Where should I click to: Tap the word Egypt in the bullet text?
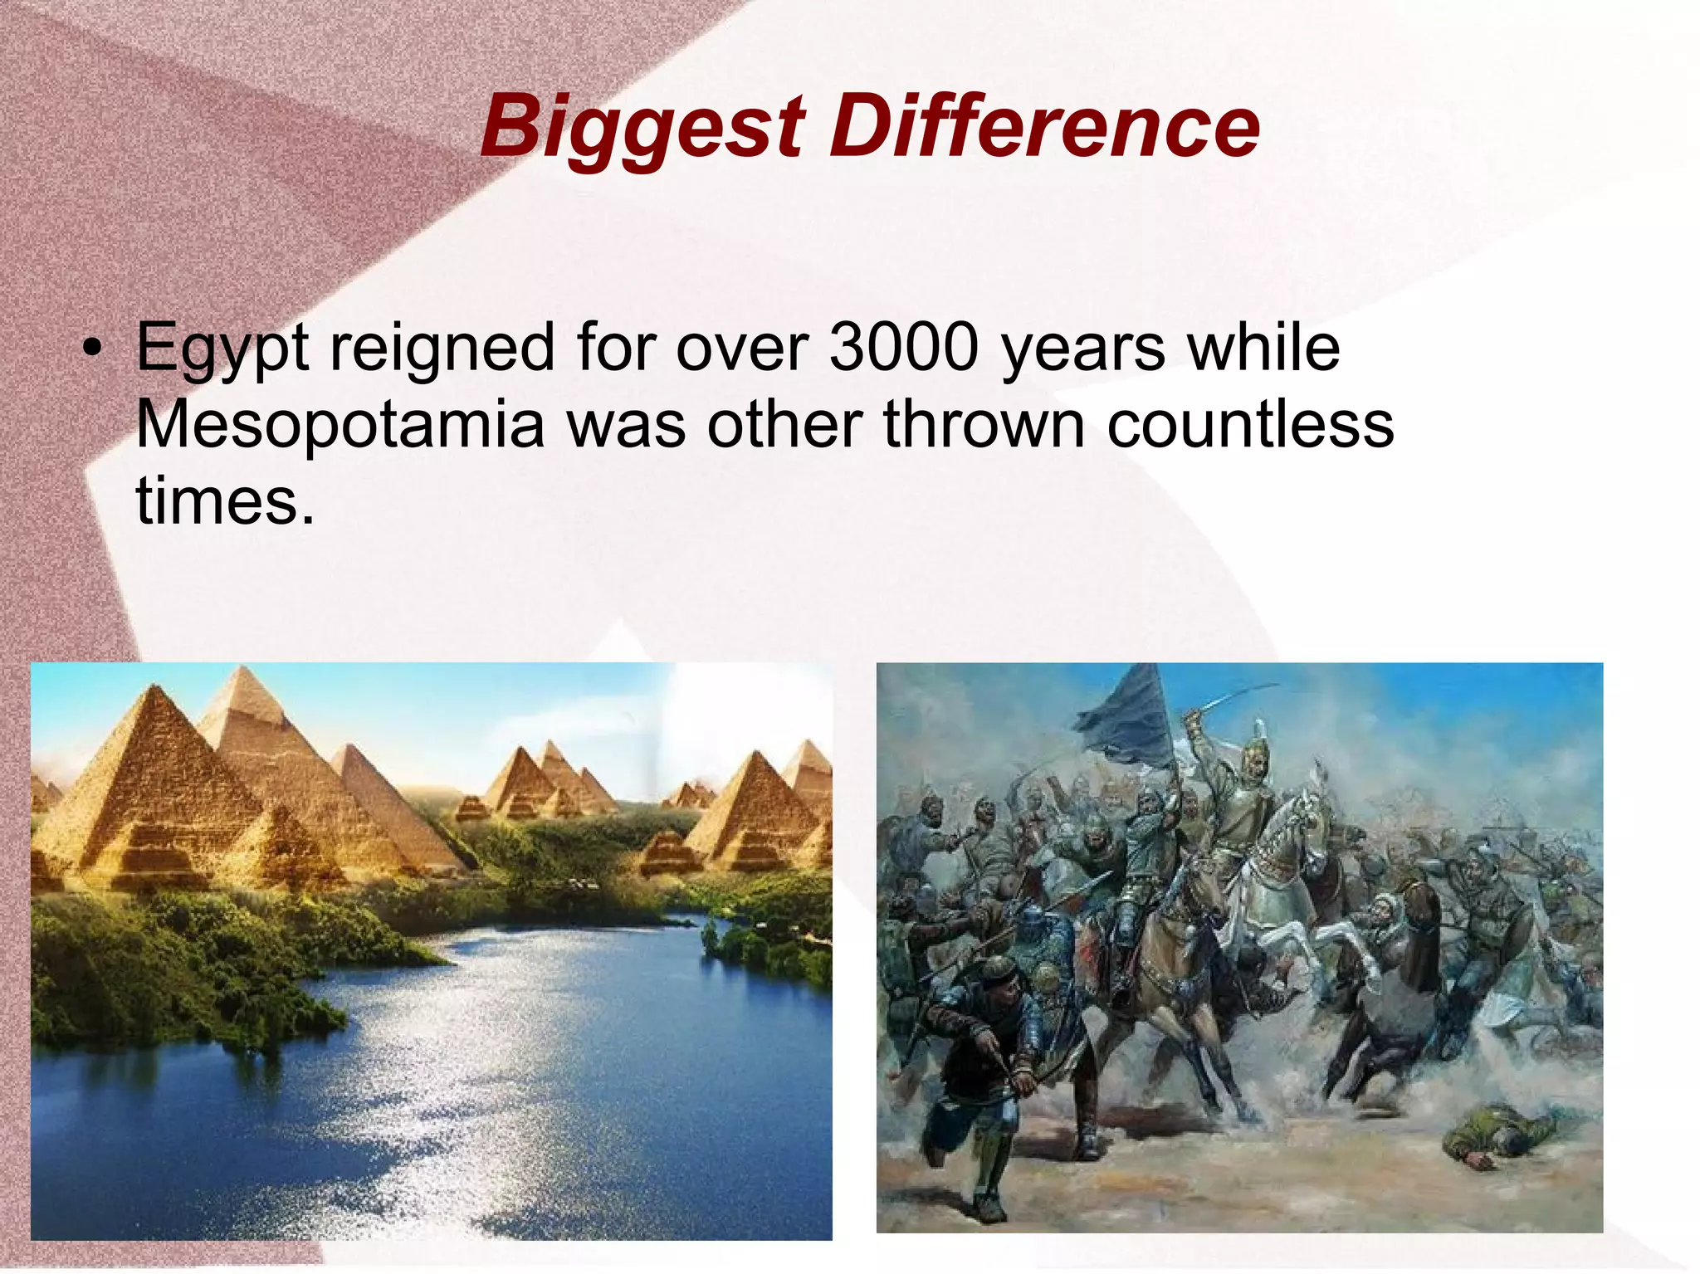pos(222,348)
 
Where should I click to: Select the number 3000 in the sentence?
pos(905,348)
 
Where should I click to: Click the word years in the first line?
pos(1083,348)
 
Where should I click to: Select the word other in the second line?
pos(784,424)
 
